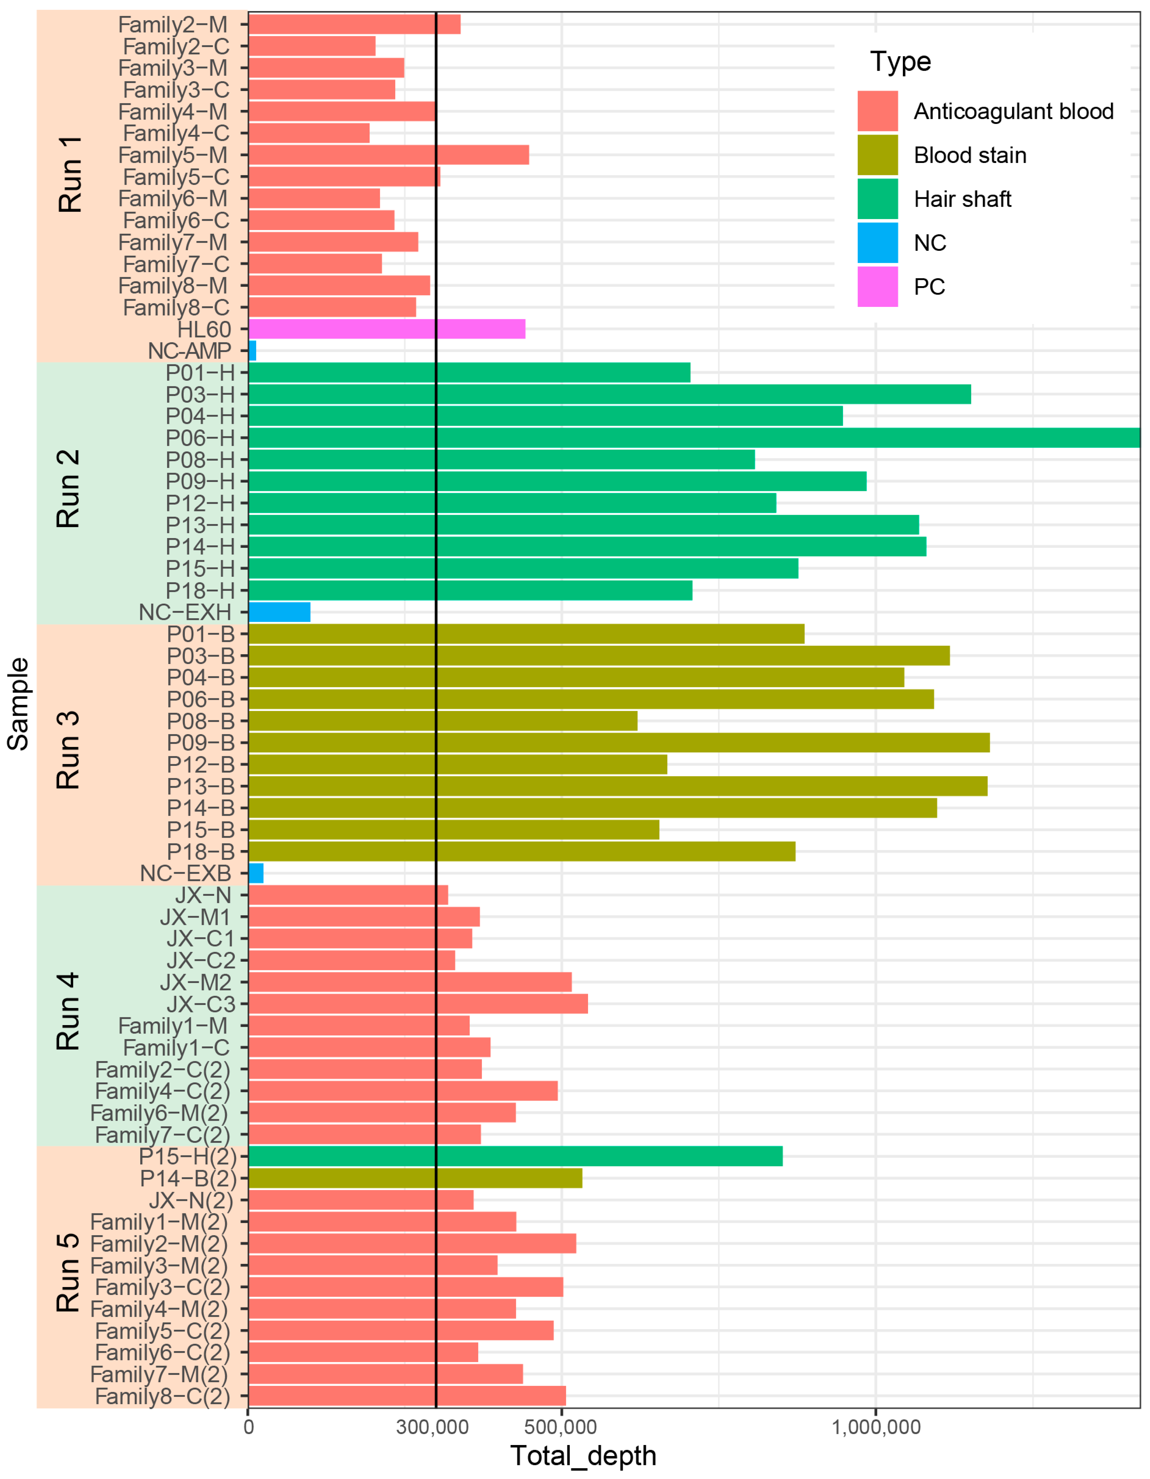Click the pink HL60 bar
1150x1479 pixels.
[x=386, y=329]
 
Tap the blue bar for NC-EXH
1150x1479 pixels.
[x=279, y=612]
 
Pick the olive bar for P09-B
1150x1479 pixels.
[x=618, y=743]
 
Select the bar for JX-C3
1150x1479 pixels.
[x=418, y=1003]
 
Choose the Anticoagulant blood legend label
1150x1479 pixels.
[x=1013, y=111]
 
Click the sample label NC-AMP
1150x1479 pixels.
[x=190, y=351]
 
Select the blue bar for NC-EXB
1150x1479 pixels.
[x=256, y=874]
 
